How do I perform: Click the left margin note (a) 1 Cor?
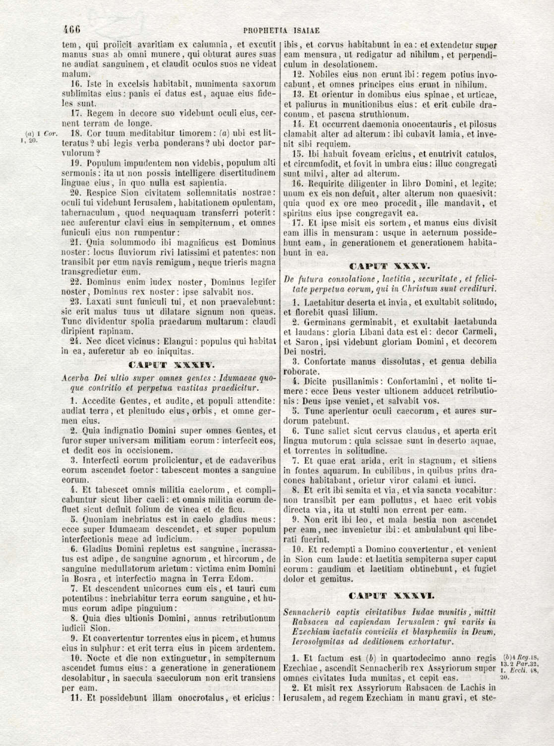coord(42,133)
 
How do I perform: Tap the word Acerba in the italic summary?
coord(75,378)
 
